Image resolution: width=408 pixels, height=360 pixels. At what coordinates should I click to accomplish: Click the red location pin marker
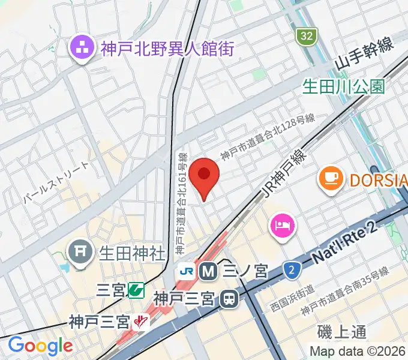[204, 176]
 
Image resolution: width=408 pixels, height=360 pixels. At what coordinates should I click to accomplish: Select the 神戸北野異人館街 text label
[167, 49]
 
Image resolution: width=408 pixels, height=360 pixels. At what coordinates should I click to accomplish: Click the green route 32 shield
[307, 37]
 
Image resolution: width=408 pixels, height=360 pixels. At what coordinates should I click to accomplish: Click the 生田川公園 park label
[344, 86]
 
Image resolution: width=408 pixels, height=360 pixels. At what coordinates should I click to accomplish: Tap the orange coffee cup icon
[331, 178]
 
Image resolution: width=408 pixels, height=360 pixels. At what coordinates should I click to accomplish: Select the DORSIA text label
[377, 178]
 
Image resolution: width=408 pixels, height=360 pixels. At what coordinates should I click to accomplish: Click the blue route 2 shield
[292, 271]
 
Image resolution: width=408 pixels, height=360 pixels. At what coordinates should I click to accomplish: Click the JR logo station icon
[186, 271]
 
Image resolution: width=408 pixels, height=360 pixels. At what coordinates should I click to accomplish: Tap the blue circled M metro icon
[208, 271]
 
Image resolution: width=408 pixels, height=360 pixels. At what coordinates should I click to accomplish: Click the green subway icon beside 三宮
[136, 291]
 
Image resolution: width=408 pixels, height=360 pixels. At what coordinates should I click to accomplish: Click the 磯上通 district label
[343, 332]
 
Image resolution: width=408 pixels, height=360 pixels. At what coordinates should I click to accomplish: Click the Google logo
[40, 346]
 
